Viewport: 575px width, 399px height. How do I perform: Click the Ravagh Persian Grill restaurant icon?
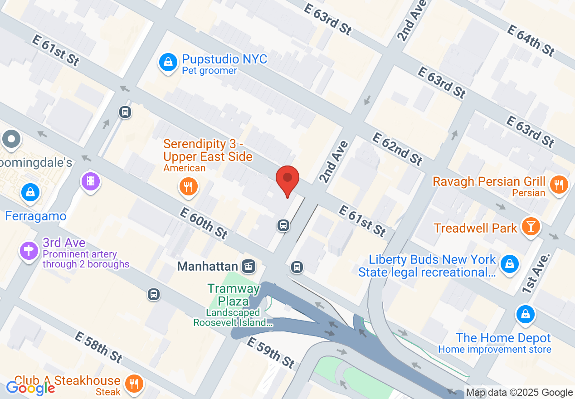pyautogui.click(x=560, y=184)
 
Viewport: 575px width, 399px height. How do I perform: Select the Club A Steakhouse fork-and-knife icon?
pyautogui.click(x=134, y=384)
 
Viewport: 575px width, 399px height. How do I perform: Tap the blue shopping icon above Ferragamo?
pyautogui.click(x=30, y=193)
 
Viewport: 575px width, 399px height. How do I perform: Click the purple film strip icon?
pyautogui.click(x=91, y=181)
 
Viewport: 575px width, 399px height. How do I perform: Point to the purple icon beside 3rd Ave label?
pyautogui.click(x=29, y=250)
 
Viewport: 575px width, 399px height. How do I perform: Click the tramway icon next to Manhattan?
pyautogui.click(x=249, y=266)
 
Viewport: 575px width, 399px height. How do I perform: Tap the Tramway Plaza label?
pyautogui.click(x=234, y=295)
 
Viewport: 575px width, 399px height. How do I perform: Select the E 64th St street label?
pyautogui.click(x=531, y=40)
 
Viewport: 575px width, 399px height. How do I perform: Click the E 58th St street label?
pyautogui.click(x=98, y=347)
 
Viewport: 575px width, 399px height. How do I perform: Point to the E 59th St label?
pyautogui.click(x=270, y=353)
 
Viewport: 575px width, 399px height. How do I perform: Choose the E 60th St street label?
pyautogui.click(x=204, y=223)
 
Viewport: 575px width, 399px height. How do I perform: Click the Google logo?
pyautogui.click(x=30, y=388)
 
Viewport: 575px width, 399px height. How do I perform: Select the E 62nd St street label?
pyautogui.click(x=397, y=149)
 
